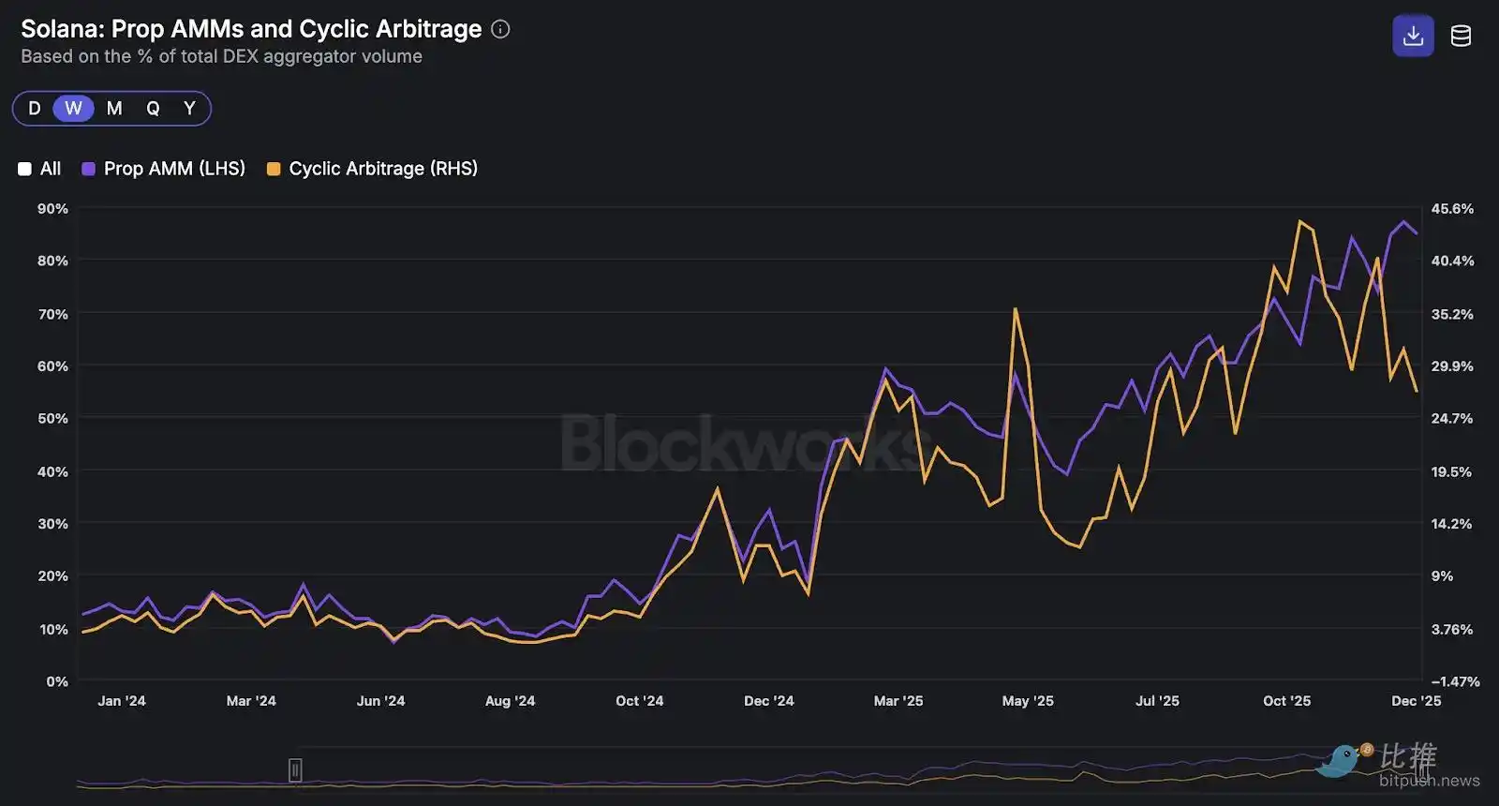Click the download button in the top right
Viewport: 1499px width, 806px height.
(x=1413, y=37)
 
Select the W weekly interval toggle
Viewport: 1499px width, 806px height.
(x=73, y=109)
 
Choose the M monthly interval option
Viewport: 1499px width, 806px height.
(x=114, y=109)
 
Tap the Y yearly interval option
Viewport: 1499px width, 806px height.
(x=189, y=109)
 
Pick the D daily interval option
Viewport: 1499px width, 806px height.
(x=35, y=109)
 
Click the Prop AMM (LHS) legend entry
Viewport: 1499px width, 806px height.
(x=164, y=169)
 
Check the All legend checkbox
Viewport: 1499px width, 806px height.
(x=25, y=170)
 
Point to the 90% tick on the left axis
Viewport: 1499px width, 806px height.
(x=52, y=208)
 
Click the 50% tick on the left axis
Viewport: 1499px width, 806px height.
(x=52, y=418)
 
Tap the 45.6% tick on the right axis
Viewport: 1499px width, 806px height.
(x=1452, y=208)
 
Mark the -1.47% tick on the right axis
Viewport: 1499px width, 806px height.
(x=1455, y=681)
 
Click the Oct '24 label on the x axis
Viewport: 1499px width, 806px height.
(x=639, y=701)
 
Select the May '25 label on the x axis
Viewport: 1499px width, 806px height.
(x=1028, y=701)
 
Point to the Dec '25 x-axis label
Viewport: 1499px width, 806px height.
(x=1416, y=701)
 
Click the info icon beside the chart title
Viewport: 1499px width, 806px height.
(x=501, y=29)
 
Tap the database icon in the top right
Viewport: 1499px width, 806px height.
(x=1461, y=37)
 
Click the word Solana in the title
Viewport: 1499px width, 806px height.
(x=61, y=29)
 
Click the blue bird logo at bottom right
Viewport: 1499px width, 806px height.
(x=1342, y=761)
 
